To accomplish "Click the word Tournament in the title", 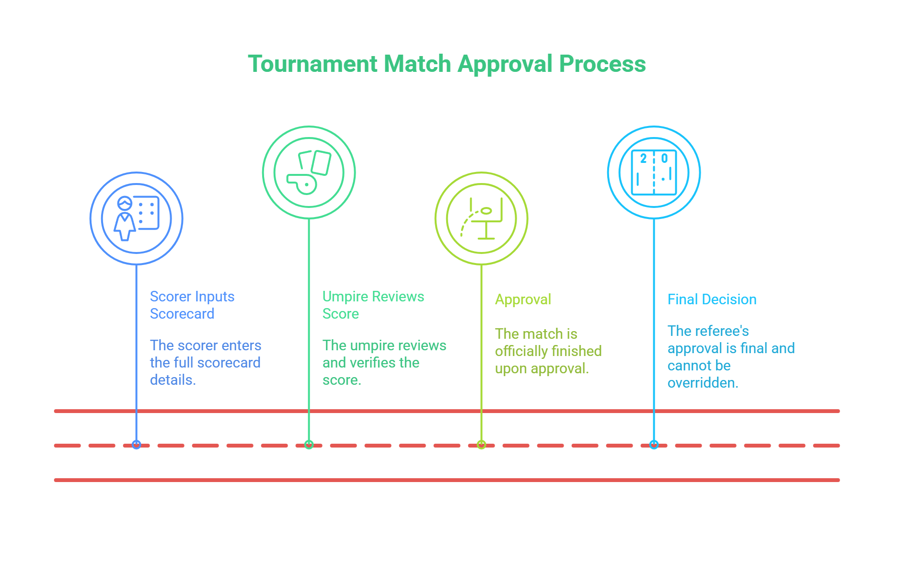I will (312, 64).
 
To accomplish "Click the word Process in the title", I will (602, 64).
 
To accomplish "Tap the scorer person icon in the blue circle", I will (125, 218).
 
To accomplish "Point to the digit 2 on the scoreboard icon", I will (643, 159).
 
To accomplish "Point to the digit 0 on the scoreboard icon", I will (664, 159).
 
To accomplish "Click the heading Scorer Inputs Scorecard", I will (192, 305).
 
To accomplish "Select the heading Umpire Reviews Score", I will (373, 305).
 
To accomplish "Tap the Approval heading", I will (523, 299).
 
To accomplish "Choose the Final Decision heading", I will (712, 299).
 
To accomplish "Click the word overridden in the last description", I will (702, 383).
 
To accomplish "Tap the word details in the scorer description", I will (172, 380).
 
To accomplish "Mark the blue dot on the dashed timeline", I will (137, 445).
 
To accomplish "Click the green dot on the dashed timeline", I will (309, 445).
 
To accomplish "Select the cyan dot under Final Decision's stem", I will (654, 445).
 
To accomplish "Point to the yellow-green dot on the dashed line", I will (482, 445).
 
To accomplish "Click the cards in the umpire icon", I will (316, 162).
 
